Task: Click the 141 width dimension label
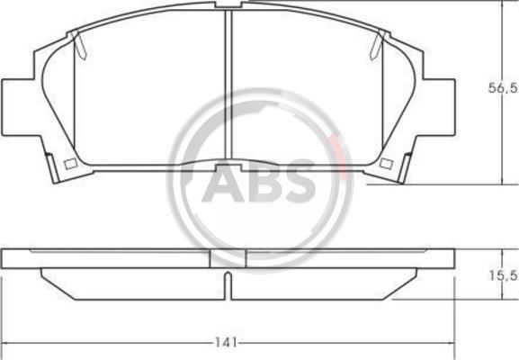tap(227, 342)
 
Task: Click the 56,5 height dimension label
tap(504, 88)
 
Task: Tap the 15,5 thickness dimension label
tap(504, 275)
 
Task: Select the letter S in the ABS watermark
tap(298, 181)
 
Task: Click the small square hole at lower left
tap(71, 164)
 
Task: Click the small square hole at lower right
tap(386, 164)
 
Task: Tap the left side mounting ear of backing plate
tap(18, 107)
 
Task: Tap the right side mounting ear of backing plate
tap(439, 107)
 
